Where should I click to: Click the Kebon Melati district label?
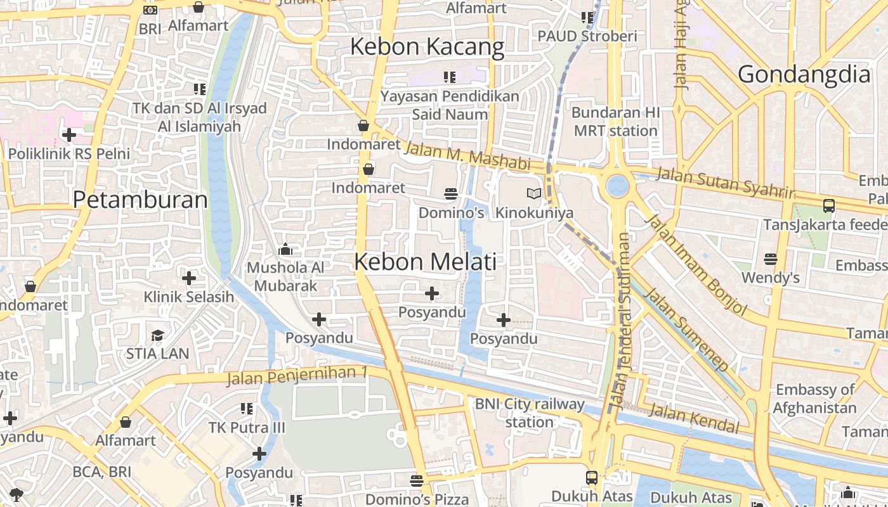[425, 262]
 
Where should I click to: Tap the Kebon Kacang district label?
[427, 47]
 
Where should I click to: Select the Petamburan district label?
[140, 200]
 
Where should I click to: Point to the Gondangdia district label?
[804, 75]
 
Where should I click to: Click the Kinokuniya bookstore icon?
[534, 194]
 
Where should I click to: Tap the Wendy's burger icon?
[770, 259]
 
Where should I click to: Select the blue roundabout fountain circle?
[617, 186]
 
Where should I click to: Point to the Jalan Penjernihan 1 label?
[297, 376]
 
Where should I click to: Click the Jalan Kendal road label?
[694, 418]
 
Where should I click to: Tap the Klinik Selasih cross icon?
[188, 278]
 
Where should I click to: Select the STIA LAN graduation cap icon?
[157, 335]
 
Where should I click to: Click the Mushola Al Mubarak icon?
[285, 249]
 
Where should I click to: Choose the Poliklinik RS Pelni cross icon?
[69, 134]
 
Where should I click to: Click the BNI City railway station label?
[530, 413]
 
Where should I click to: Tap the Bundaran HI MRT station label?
[615, 122]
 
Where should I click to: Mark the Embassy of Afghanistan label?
[814, 399]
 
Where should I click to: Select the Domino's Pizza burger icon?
[416, 481]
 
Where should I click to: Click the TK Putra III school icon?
[247, 409]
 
